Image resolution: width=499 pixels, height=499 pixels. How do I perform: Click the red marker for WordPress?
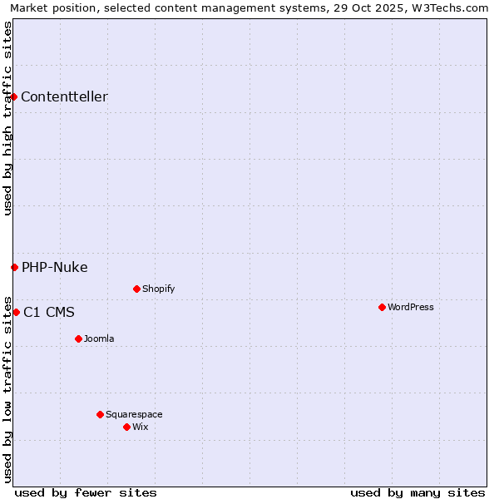382,307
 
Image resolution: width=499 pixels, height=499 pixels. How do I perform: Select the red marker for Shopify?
136,289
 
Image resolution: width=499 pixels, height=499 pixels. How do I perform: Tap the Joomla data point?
78,338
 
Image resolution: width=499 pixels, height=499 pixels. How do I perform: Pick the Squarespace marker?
100,414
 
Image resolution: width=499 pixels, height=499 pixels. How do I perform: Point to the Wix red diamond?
126,427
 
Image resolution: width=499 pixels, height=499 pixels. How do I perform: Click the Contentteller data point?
14,96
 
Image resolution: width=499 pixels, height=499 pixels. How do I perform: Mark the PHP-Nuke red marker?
14,267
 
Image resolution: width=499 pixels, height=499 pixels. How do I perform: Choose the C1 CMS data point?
16,312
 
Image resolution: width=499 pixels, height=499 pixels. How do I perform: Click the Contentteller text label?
64,96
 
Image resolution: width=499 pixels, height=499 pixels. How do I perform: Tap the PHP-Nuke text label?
55,267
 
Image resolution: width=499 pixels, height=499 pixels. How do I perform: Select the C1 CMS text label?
49,313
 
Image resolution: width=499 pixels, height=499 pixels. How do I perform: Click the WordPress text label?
411,307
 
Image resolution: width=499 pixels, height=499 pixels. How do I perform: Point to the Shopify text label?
158,289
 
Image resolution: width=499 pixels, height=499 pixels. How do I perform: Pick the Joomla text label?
99,338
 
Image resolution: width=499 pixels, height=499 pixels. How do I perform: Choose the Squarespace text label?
134,414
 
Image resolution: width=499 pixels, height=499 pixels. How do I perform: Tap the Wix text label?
141,427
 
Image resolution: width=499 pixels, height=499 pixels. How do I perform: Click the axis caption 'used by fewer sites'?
86,492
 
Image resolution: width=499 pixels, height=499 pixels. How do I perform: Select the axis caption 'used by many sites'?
417,492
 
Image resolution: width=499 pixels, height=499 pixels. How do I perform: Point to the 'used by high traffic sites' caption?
7,118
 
